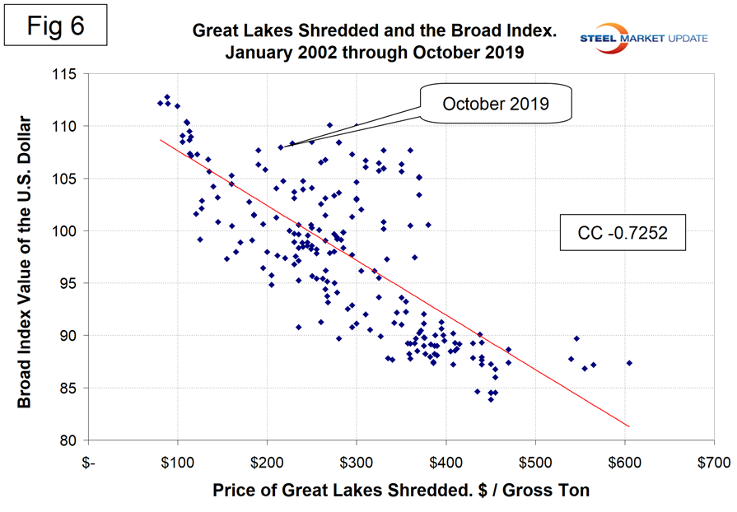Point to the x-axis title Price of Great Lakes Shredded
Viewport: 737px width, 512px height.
[x=400, y=491]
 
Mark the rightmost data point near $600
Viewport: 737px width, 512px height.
[x=629, y=362]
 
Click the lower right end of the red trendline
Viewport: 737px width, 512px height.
[x=629, y=426]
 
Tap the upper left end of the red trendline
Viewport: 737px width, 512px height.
[x=160, y=140]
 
